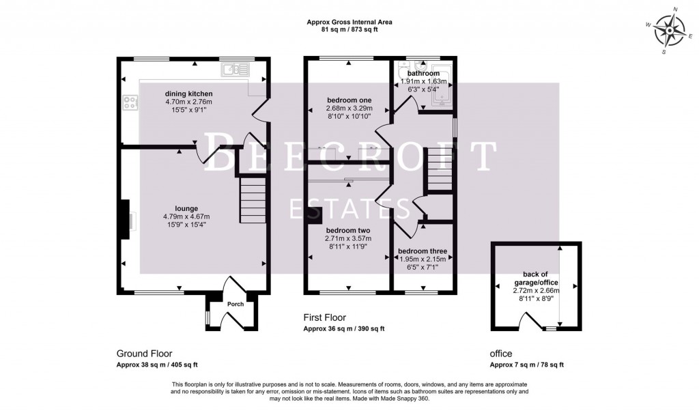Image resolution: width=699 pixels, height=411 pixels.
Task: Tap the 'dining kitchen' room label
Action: tap(188, 94)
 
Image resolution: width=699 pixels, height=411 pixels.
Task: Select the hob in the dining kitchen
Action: tap(130, 102)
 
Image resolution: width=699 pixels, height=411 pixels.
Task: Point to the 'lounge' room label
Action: tap(186, 208)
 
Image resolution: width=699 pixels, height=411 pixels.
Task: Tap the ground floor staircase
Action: tap(252, 199)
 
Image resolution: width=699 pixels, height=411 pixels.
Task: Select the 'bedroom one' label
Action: tap(348, 100)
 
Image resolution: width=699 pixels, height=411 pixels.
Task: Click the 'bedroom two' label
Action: tap(348, 230)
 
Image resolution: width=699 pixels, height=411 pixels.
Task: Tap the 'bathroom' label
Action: tap(423, 73)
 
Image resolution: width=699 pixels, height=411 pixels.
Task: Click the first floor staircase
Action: tap(438, 170)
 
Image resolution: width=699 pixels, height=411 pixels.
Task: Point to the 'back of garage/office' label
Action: tap(536, 278)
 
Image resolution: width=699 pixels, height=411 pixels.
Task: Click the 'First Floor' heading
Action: tap(325, 317)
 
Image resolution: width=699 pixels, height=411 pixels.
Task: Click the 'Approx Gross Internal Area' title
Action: tap(349, 22)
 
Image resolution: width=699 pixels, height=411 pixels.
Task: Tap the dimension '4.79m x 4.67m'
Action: tap(186, 216)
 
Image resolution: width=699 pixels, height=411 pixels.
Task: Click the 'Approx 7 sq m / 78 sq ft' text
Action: tap(527, 365)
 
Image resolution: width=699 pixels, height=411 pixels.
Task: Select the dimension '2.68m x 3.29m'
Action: tap(348, 109)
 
